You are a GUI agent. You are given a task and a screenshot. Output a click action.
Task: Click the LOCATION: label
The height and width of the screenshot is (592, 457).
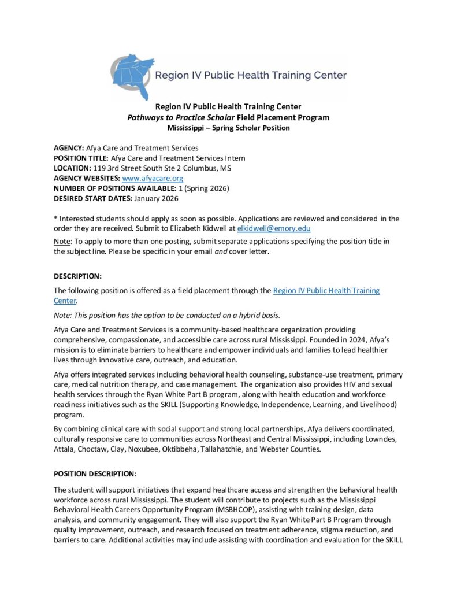[x=72, y=168]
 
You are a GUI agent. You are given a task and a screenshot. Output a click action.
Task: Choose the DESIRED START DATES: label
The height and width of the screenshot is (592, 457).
[x=93, y=198]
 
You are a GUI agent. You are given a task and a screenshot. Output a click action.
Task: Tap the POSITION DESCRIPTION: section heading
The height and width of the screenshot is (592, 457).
[x=95, y=473]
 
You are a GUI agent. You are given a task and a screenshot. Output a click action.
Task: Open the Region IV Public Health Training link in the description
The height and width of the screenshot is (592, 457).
[x=326, y=290]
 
